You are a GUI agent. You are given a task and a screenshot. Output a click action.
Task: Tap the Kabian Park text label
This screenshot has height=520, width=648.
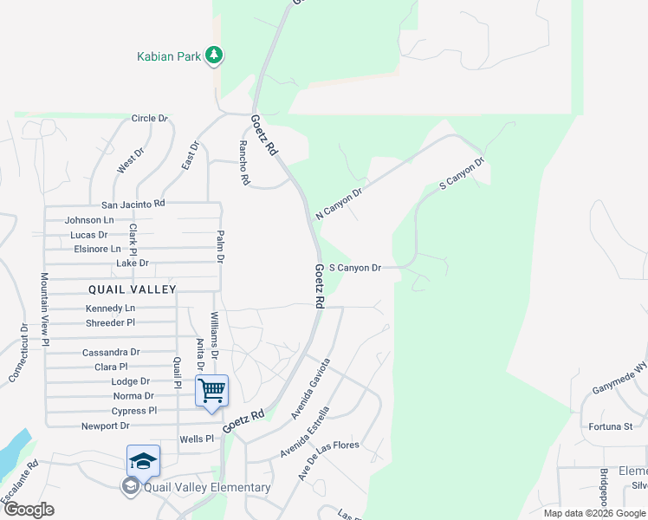tap(169, 57)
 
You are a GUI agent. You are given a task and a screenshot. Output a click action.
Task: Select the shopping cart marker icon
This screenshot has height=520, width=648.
tap(211, 391)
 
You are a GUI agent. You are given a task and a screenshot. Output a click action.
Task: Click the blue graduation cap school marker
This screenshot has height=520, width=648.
tap(143, 460)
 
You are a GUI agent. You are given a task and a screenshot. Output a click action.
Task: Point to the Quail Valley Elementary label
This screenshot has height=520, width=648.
tap(207, 487)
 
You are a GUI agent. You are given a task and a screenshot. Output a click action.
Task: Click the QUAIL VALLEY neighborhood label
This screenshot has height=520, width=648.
tap(132, 289)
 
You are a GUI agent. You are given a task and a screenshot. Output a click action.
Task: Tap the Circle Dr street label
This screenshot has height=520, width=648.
tap(149, 118)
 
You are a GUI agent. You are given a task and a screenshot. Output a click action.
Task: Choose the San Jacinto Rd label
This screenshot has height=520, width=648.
tap(133, 204)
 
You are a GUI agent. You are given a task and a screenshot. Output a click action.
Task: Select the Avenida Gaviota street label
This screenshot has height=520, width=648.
tap(310, 388)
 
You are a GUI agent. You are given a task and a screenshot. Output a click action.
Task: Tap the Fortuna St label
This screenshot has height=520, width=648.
tap(611, 426)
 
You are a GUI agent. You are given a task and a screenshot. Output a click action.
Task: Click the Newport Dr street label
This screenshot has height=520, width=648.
tap(105, 426)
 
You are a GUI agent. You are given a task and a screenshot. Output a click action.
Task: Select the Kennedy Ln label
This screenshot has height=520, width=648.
tap(110, 308)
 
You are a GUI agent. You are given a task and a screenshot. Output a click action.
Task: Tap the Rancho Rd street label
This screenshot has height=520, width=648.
tap(243, 164)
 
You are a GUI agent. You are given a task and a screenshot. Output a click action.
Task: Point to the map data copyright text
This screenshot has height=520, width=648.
tap(593, 513)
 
